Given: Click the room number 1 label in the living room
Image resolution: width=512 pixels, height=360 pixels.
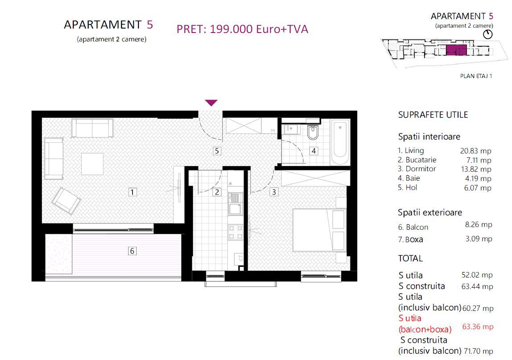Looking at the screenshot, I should click(132, 192).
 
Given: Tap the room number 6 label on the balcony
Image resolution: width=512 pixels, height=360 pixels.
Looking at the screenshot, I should click(132, 251).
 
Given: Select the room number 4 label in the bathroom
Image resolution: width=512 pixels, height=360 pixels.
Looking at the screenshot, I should click(314, 151).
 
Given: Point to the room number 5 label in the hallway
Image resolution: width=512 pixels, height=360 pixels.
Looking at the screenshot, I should click(217, 151).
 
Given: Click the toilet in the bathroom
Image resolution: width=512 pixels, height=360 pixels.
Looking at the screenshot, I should click(313, 132).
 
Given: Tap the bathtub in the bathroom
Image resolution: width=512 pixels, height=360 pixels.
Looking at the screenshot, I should click(341, 141).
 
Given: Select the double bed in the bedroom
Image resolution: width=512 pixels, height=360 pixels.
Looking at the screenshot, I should click(320, 231).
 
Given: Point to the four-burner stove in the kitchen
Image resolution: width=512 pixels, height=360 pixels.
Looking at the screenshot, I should click(235, 232).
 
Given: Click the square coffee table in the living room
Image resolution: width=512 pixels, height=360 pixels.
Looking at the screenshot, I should click(92, 164).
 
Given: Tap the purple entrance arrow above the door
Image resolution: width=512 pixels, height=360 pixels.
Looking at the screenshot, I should click(211, 103).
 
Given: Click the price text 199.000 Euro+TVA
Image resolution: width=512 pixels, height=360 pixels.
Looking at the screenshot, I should click(242, 29).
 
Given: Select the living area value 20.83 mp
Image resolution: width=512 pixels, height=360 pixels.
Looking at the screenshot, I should click(476, 151).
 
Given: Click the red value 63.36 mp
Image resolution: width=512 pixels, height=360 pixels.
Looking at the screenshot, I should click(478, 327).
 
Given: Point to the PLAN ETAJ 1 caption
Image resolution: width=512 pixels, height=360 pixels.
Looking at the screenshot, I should click(476, 76).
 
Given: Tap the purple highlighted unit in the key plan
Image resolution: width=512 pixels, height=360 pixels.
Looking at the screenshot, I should click(456, 50).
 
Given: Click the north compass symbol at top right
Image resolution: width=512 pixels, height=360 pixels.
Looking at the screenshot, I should click(488, 34).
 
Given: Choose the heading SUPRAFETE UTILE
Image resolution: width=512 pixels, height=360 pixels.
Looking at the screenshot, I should click(433, 115).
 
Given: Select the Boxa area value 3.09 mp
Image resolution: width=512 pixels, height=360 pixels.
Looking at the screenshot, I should click(479, 239).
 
